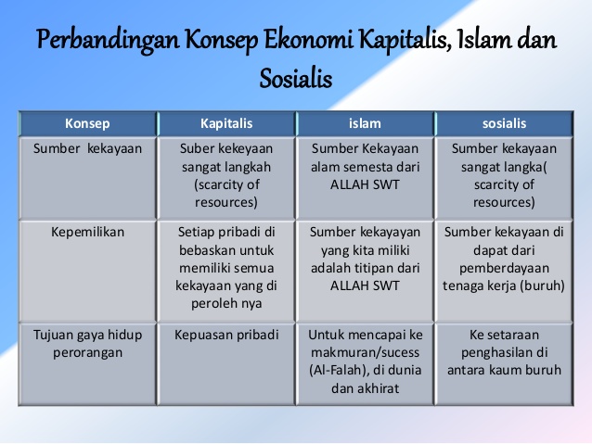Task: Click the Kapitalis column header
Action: [226, 123]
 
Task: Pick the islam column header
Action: [365, 123]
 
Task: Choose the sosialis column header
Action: [503, 123]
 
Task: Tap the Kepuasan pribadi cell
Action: [226, 335]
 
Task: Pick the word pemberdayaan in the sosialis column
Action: [503, 268]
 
